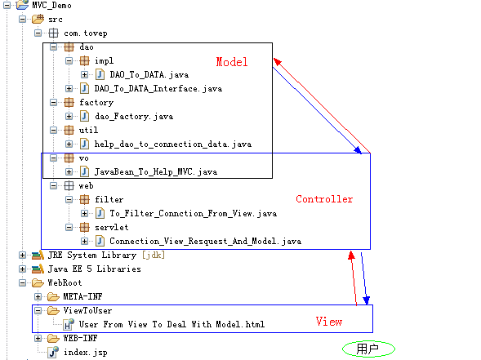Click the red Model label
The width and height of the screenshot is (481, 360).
pyautogui.click(x=232, y=62)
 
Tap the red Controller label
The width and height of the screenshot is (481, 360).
pyautogui.click(x=324, y=199)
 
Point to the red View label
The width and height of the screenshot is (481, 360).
pyautogui.click(x=329, y=322)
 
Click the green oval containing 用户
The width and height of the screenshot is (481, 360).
pyautogui.click(x=368, y=349)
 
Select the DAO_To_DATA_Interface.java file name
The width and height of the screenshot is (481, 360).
pyautogui.click(x=158, y=89)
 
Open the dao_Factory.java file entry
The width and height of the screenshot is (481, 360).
pyautogui.click(x=134, y=117)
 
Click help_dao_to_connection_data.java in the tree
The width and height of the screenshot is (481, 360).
pyautogui.click(x=172, y=144)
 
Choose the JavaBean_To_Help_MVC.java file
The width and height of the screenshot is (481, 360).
pyautogui.click(x=155, y=171)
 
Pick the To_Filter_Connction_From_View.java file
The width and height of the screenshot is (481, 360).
pyautogui.click(x=194, y=213)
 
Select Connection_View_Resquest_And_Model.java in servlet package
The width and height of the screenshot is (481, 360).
pyautogui.click(x=205, y=242)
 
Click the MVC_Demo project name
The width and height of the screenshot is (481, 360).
pyautogui.click(x=51, y=6)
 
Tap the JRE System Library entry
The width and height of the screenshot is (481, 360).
pyautogui.click(x=106, y=256)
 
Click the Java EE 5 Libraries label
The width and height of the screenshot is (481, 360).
pyautogui.click(x=94, y=269)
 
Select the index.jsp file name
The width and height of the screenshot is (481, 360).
pyautogui.click(x=85, y=353)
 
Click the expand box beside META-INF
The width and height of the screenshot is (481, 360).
pyautogui.click(x=38, y=296)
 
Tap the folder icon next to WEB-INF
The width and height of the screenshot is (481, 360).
pyautogui.click(x=53, y=338)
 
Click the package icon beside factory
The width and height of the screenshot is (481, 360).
pyautogui.click(x=69, y=102)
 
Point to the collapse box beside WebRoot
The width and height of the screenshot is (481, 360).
pyautogui.click(x=22, y=282)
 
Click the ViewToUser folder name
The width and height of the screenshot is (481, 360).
pyautogui.click(x=87, y=311)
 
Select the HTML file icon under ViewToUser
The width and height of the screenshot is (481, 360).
pyautogui.click(x=69, y=324)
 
